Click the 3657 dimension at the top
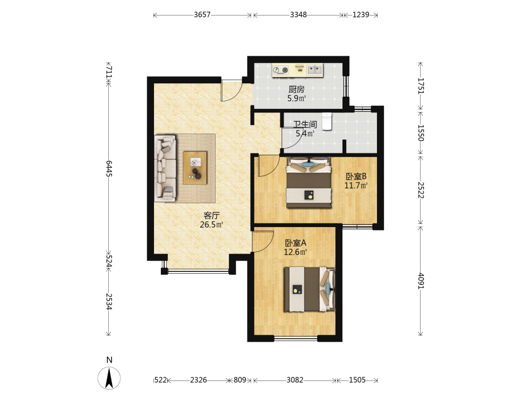202,15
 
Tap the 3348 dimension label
298,15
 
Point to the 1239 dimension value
361,15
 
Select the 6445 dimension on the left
109,169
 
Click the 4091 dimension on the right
420,281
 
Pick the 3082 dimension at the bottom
295,380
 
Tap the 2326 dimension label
199,380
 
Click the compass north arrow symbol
109,378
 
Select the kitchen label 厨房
296,89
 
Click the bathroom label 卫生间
305,124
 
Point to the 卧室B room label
356,176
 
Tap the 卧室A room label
296,243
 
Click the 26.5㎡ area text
211,224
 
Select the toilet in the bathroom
327,122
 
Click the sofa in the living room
165,169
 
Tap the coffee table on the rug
195,168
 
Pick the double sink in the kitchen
315,70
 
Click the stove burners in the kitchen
281,71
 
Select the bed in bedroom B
309,183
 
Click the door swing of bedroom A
263,241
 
